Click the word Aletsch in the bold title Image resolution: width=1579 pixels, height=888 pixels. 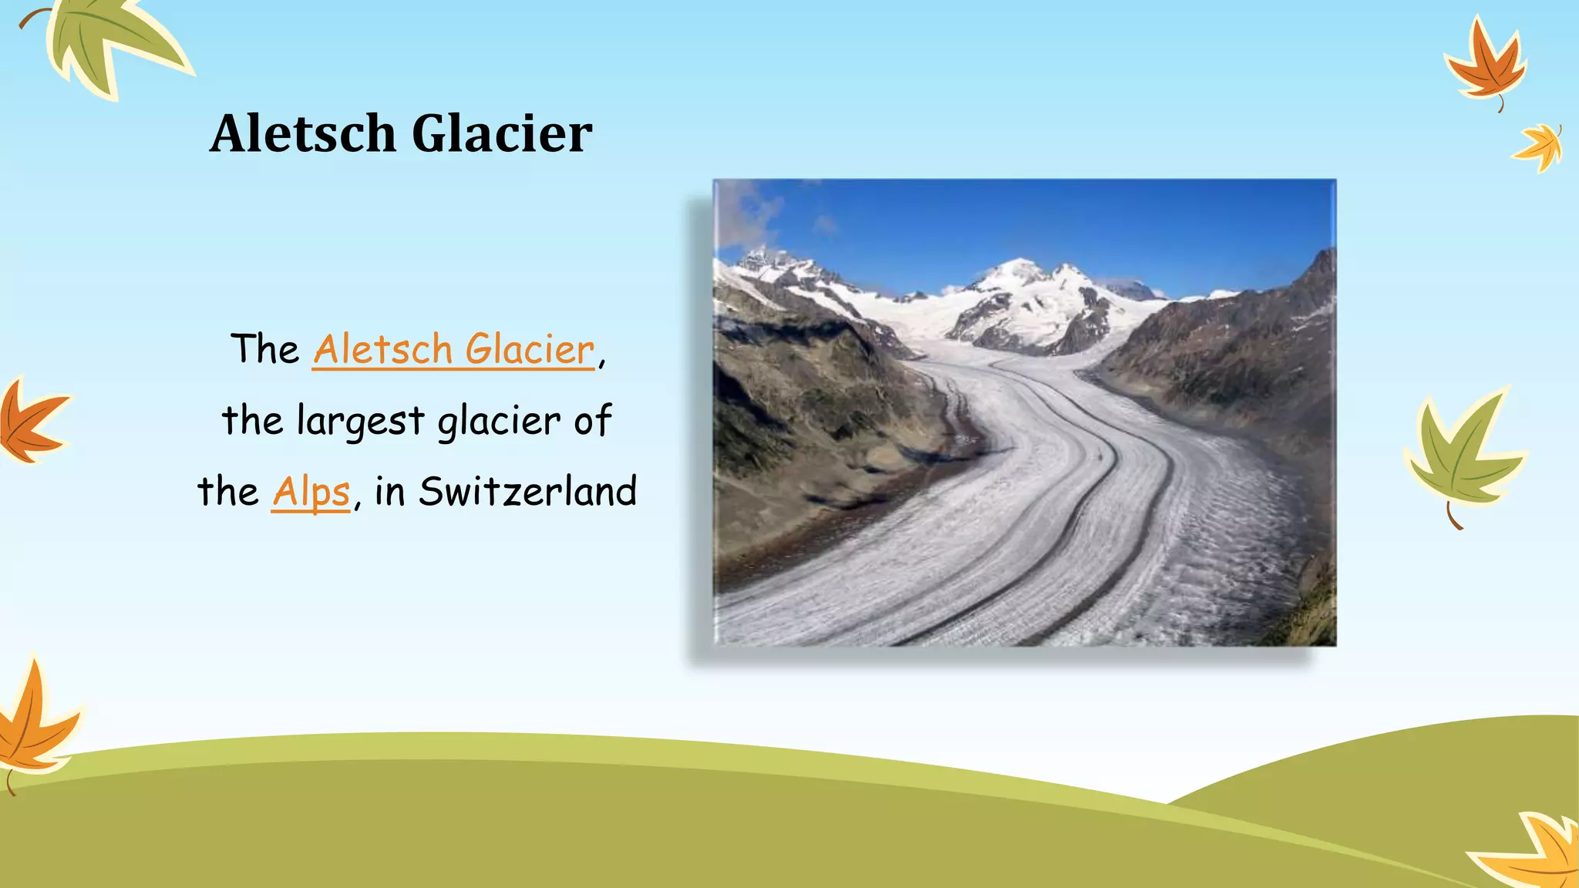pos(302,133)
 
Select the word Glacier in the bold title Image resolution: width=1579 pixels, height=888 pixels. pos(502,133)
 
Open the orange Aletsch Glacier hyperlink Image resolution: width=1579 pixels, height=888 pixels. pos(453,349)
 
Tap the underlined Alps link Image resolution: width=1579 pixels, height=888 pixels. pos(311,492)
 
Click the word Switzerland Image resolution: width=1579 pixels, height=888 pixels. pos(527,492)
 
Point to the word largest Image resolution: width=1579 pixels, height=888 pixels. pos(360,422)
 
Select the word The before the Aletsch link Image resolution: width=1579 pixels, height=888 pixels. pos(264,349)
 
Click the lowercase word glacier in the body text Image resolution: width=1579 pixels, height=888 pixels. pos(499,422)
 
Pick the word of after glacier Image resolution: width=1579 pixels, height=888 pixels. pos(593,420)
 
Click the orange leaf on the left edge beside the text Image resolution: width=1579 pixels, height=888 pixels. pos(31,422)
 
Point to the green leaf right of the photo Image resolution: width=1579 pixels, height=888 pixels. pos(1461,451)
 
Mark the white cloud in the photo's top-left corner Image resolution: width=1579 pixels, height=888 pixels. pos(744,212)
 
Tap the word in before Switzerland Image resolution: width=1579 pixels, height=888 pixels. pos(389,492)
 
